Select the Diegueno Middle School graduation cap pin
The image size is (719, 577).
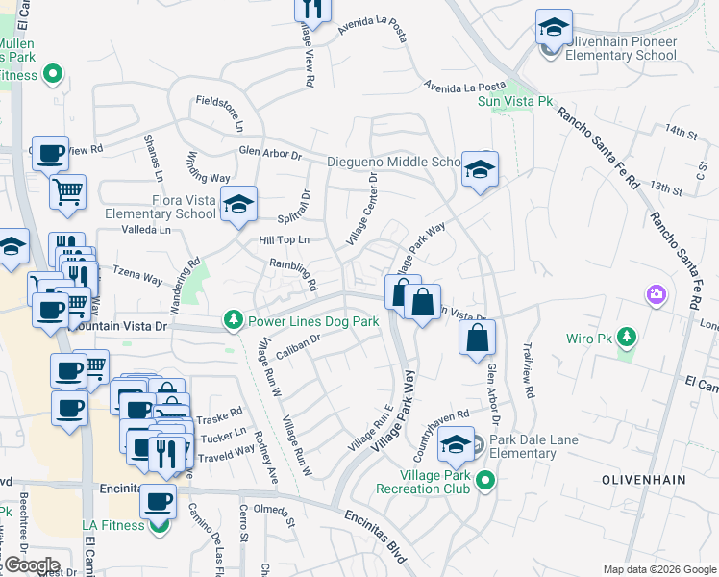point(479,169)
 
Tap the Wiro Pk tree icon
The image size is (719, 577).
point(627,337)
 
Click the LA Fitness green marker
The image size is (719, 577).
point(159,525)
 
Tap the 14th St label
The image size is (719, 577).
point(679,130)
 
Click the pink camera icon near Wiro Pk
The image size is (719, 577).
point(657,292)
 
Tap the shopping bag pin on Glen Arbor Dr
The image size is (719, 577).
point(477,339)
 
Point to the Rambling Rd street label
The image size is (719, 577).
point(293,274)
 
